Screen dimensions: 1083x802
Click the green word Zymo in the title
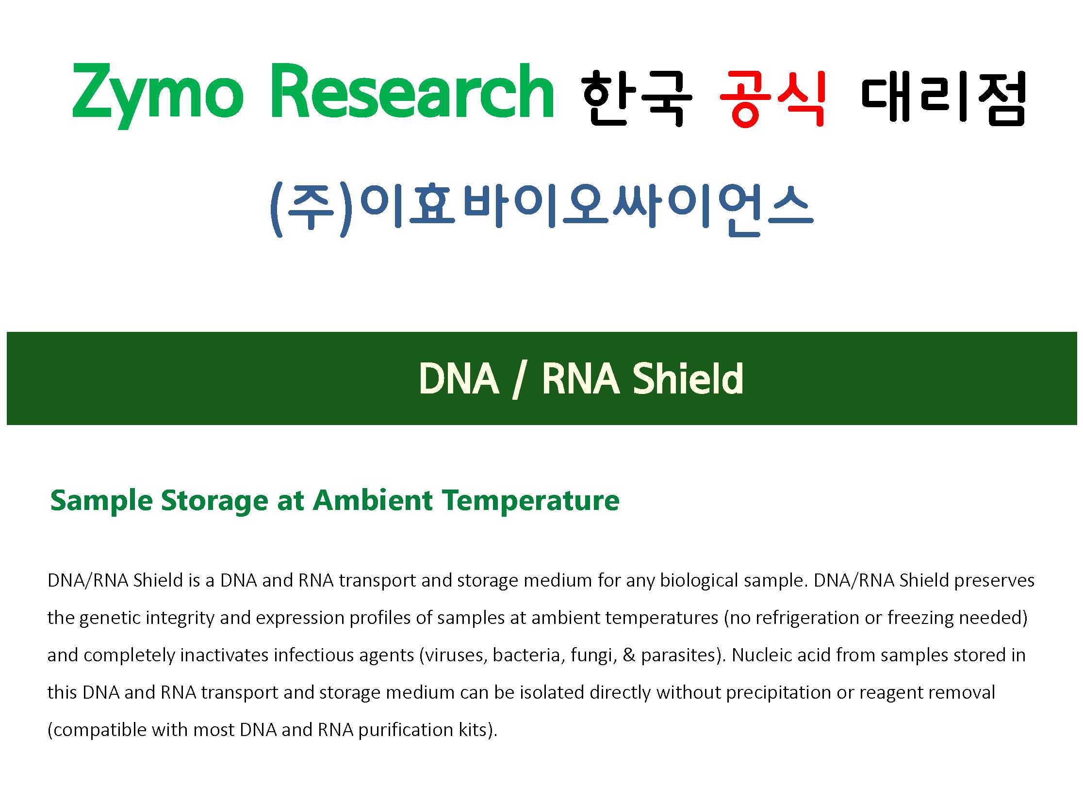coord(158,96)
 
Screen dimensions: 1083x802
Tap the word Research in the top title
coord(412,91)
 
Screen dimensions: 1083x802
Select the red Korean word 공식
coord(773,98)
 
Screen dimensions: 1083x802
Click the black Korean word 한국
coord(637,98)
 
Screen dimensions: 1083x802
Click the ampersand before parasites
coord(629,655)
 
